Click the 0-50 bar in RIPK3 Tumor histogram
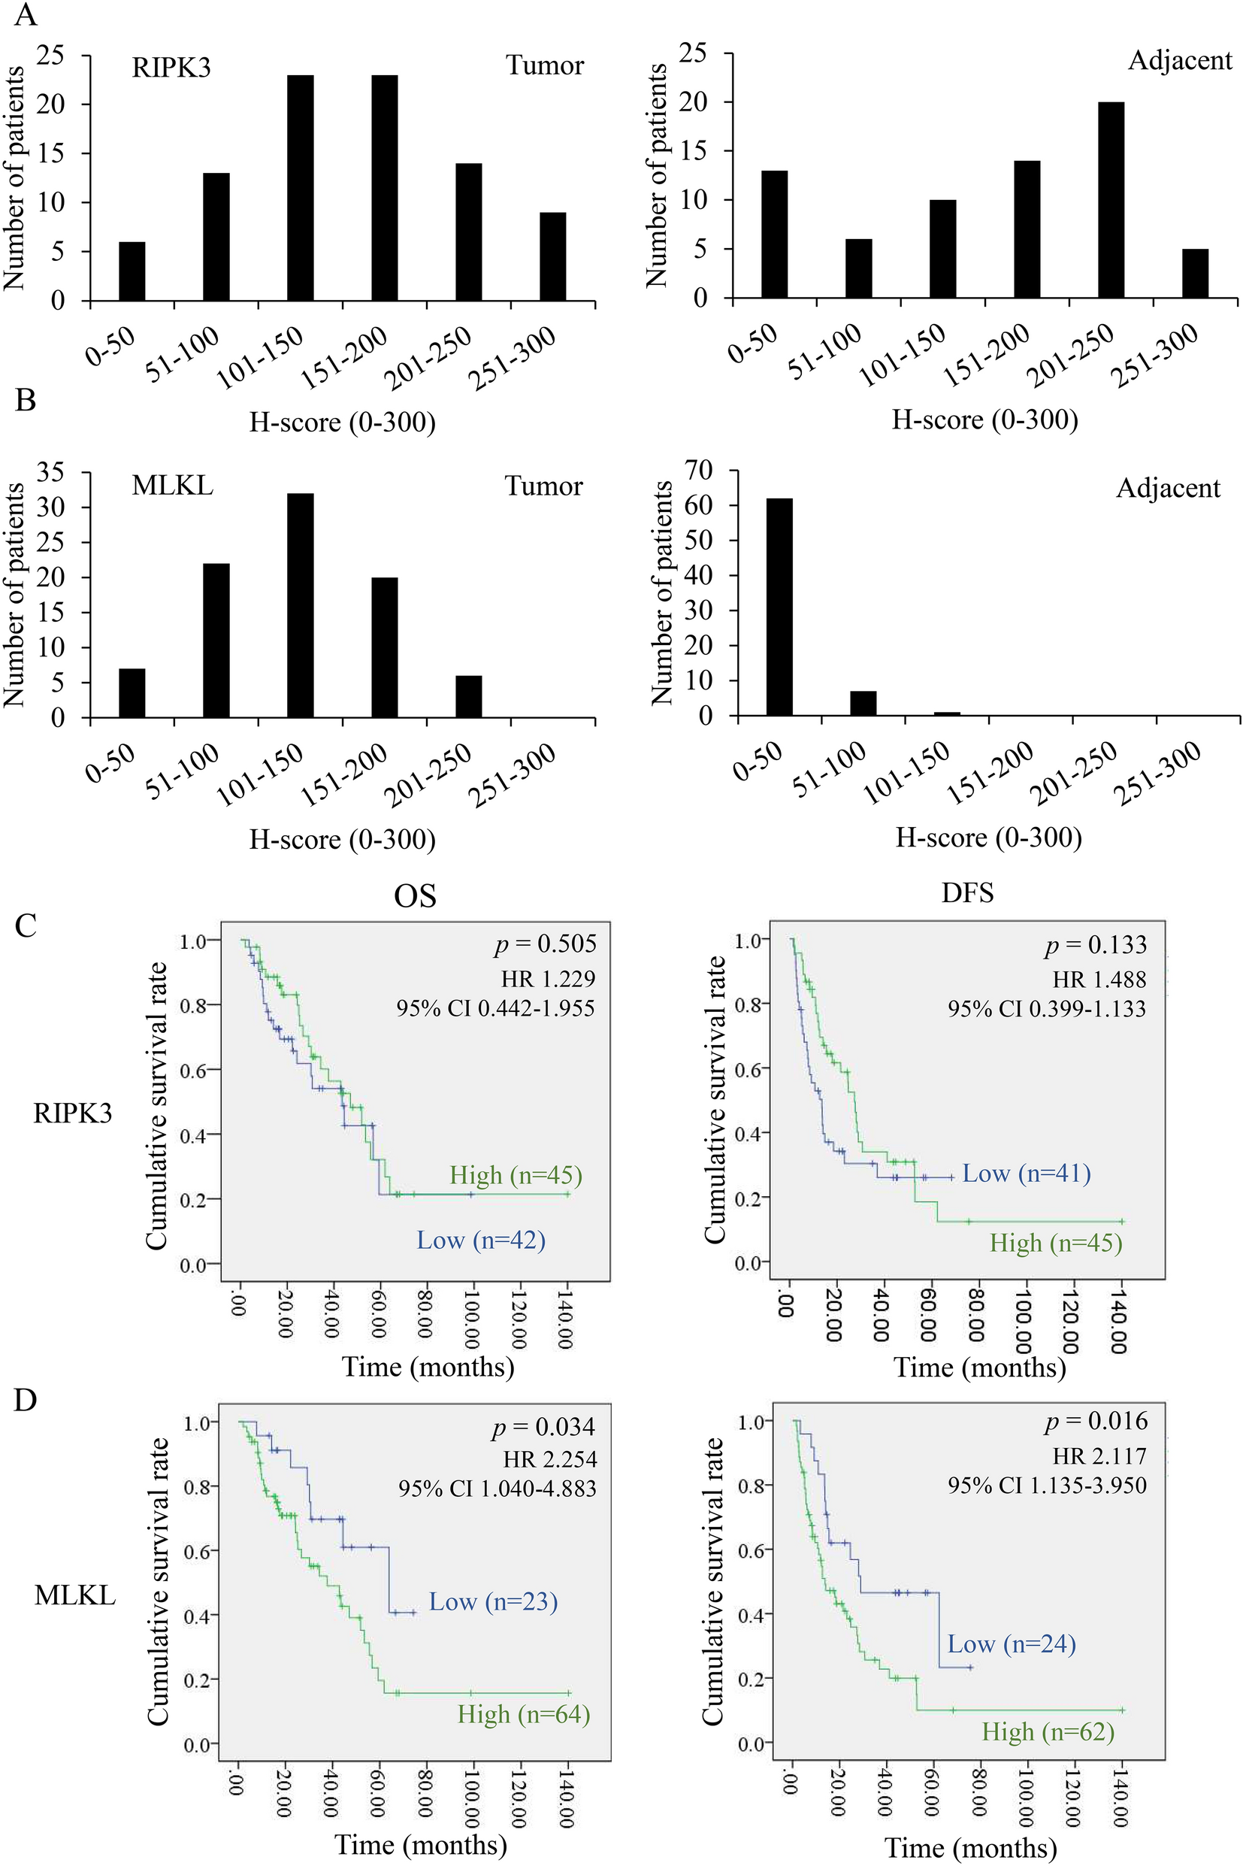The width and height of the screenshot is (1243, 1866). coord(132,271)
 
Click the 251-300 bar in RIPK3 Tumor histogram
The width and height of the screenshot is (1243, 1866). coord(552,257)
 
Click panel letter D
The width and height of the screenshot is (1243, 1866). coord(26,1400)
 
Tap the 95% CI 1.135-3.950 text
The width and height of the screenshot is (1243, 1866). coord(1047,1485)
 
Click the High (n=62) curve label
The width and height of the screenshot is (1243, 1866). coord(1048,1731)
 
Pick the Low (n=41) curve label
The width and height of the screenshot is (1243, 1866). coord(1027,1173)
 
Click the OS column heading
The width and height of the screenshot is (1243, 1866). coord(416,896)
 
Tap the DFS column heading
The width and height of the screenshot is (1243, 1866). coord(967,894)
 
